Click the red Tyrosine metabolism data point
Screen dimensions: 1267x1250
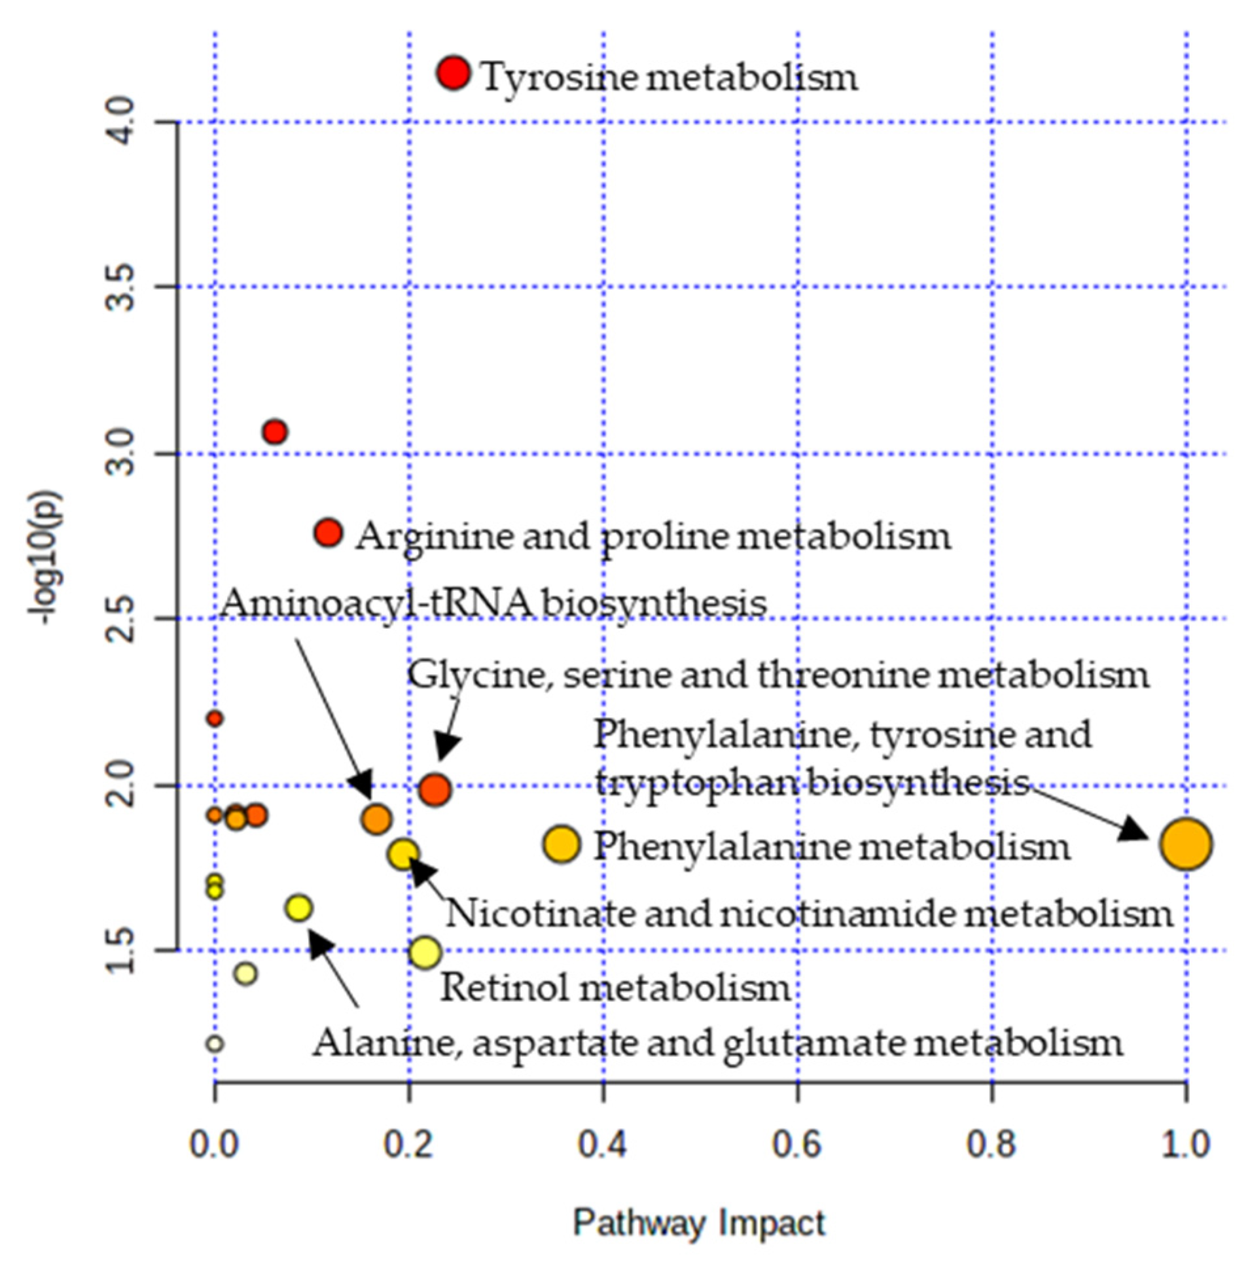453,73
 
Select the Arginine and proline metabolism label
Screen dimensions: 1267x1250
652,537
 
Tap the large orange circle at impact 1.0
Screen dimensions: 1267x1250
1185,845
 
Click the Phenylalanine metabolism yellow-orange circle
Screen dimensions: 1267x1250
562,845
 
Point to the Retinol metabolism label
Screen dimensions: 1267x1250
615,988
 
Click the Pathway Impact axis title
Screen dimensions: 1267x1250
699,1223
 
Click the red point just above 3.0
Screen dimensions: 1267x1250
275,432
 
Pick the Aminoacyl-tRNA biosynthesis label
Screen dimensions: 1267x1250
492,603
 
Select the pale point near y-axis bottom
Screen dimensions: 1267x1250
215,1043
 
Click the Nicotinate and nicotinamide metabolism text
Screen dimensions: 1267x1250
809,914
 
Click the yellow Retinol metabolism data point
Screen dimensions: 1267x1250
425,952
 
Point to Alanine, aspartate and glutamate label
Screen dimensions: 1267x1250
717,1043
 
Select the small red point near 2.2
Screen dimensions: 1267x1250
215,719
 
